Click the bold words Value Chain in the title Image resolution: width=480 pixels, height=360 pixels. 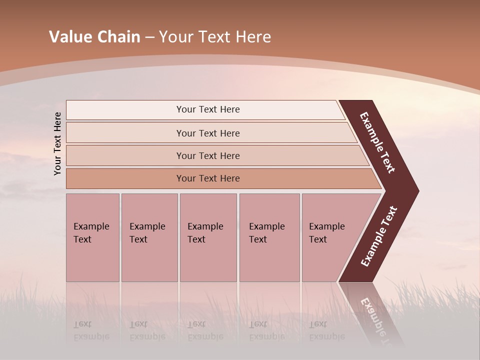pos(94,37)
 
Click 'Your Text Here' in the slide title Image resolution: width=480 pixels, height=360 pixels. pos(215,37)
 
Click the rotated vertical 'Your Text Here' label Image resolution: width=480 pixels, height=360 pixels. pos(57,144)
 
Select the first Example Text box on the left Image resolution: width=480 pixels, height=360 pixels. pos(92,237)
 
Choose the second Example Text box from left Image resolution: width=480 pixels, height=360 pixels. pos(149,237)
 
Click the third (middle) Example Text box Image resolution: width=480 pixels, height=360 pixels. pos(208,237)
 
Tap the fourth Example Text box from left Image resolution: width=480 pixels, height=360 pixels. pos(269,237)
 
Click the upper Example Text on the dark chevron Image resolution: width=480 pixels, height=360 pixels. pos(377,142)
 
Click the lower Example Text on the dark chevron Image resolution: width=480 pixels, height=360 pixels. pos(379,236)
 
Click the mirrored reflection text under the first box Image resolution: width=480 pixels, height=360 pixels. pos(91,330)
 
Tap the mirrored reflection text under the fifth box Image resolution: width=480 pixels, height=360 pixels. pos(326,330)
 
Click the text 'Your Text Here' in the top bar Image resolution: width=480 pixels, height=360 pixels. pos(208,109)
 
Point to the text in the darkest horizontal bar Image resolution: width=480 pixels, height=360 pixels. pos(208,178)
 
